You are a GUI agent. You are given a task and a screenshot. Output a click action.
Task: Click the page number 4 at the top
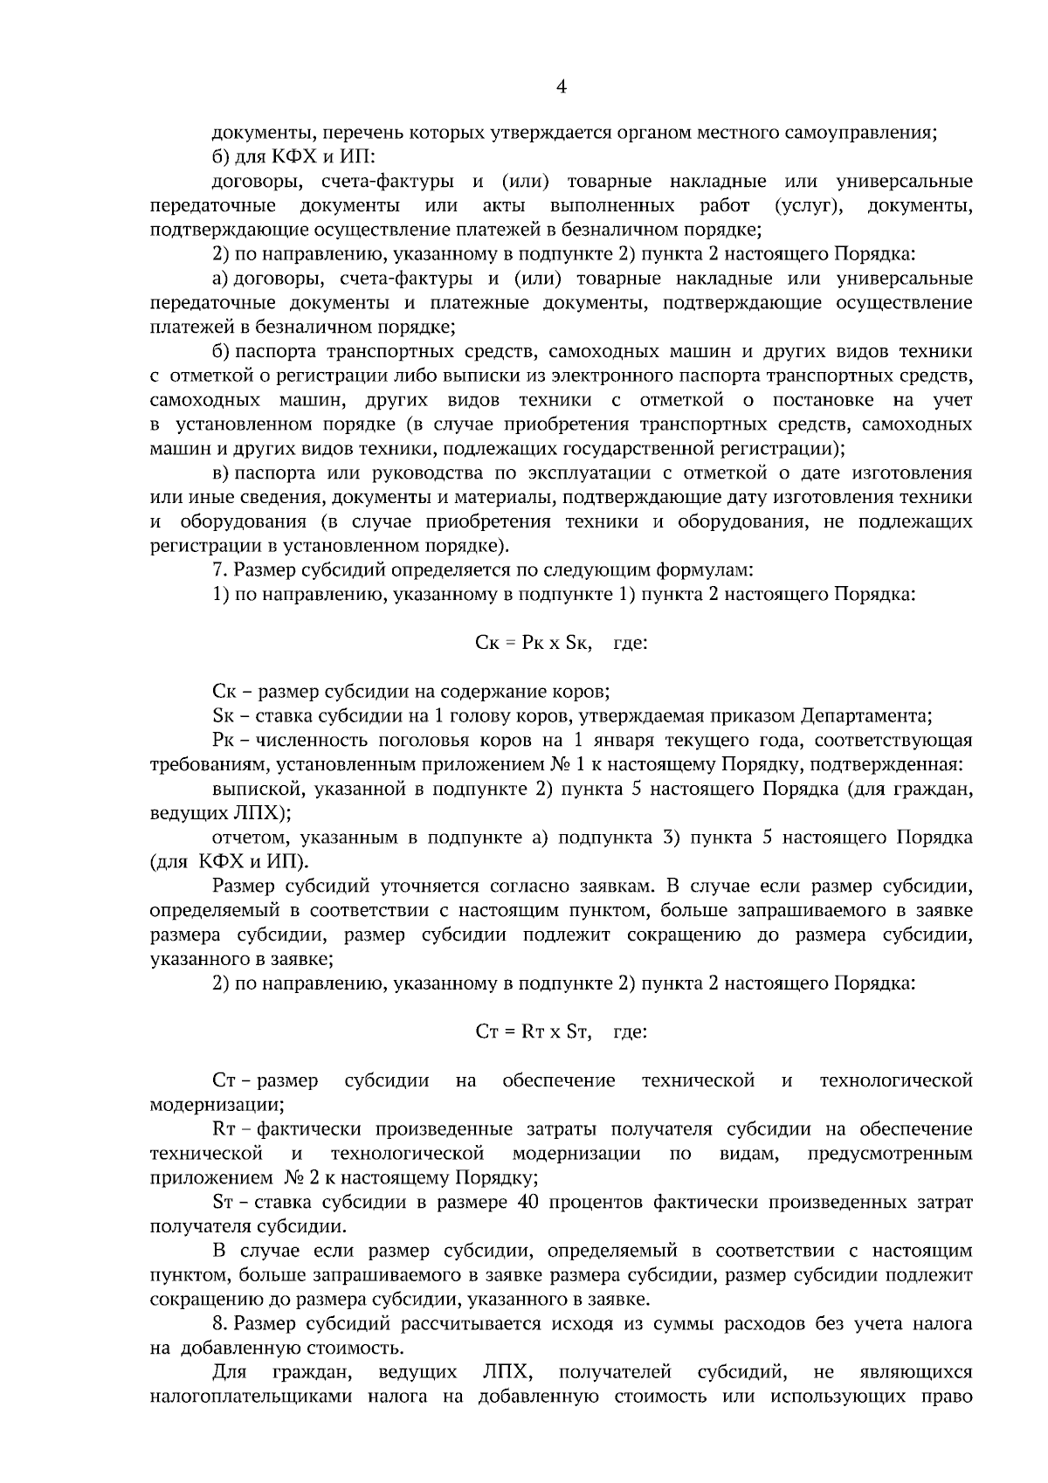pos(562,86)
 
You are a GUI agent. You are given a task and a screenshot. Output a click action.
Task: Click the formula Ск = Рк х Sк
pos(534,644)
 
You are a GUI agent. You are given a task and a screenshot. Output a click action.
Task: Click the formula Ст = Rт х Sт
pos(534,1032)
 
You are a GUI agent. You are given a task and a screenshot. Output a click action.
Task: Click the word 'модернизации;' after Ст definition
pos(216,1105)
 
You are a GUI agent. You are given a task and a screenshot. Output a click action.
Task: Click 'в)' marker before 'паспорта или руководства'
pos(221,473)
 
